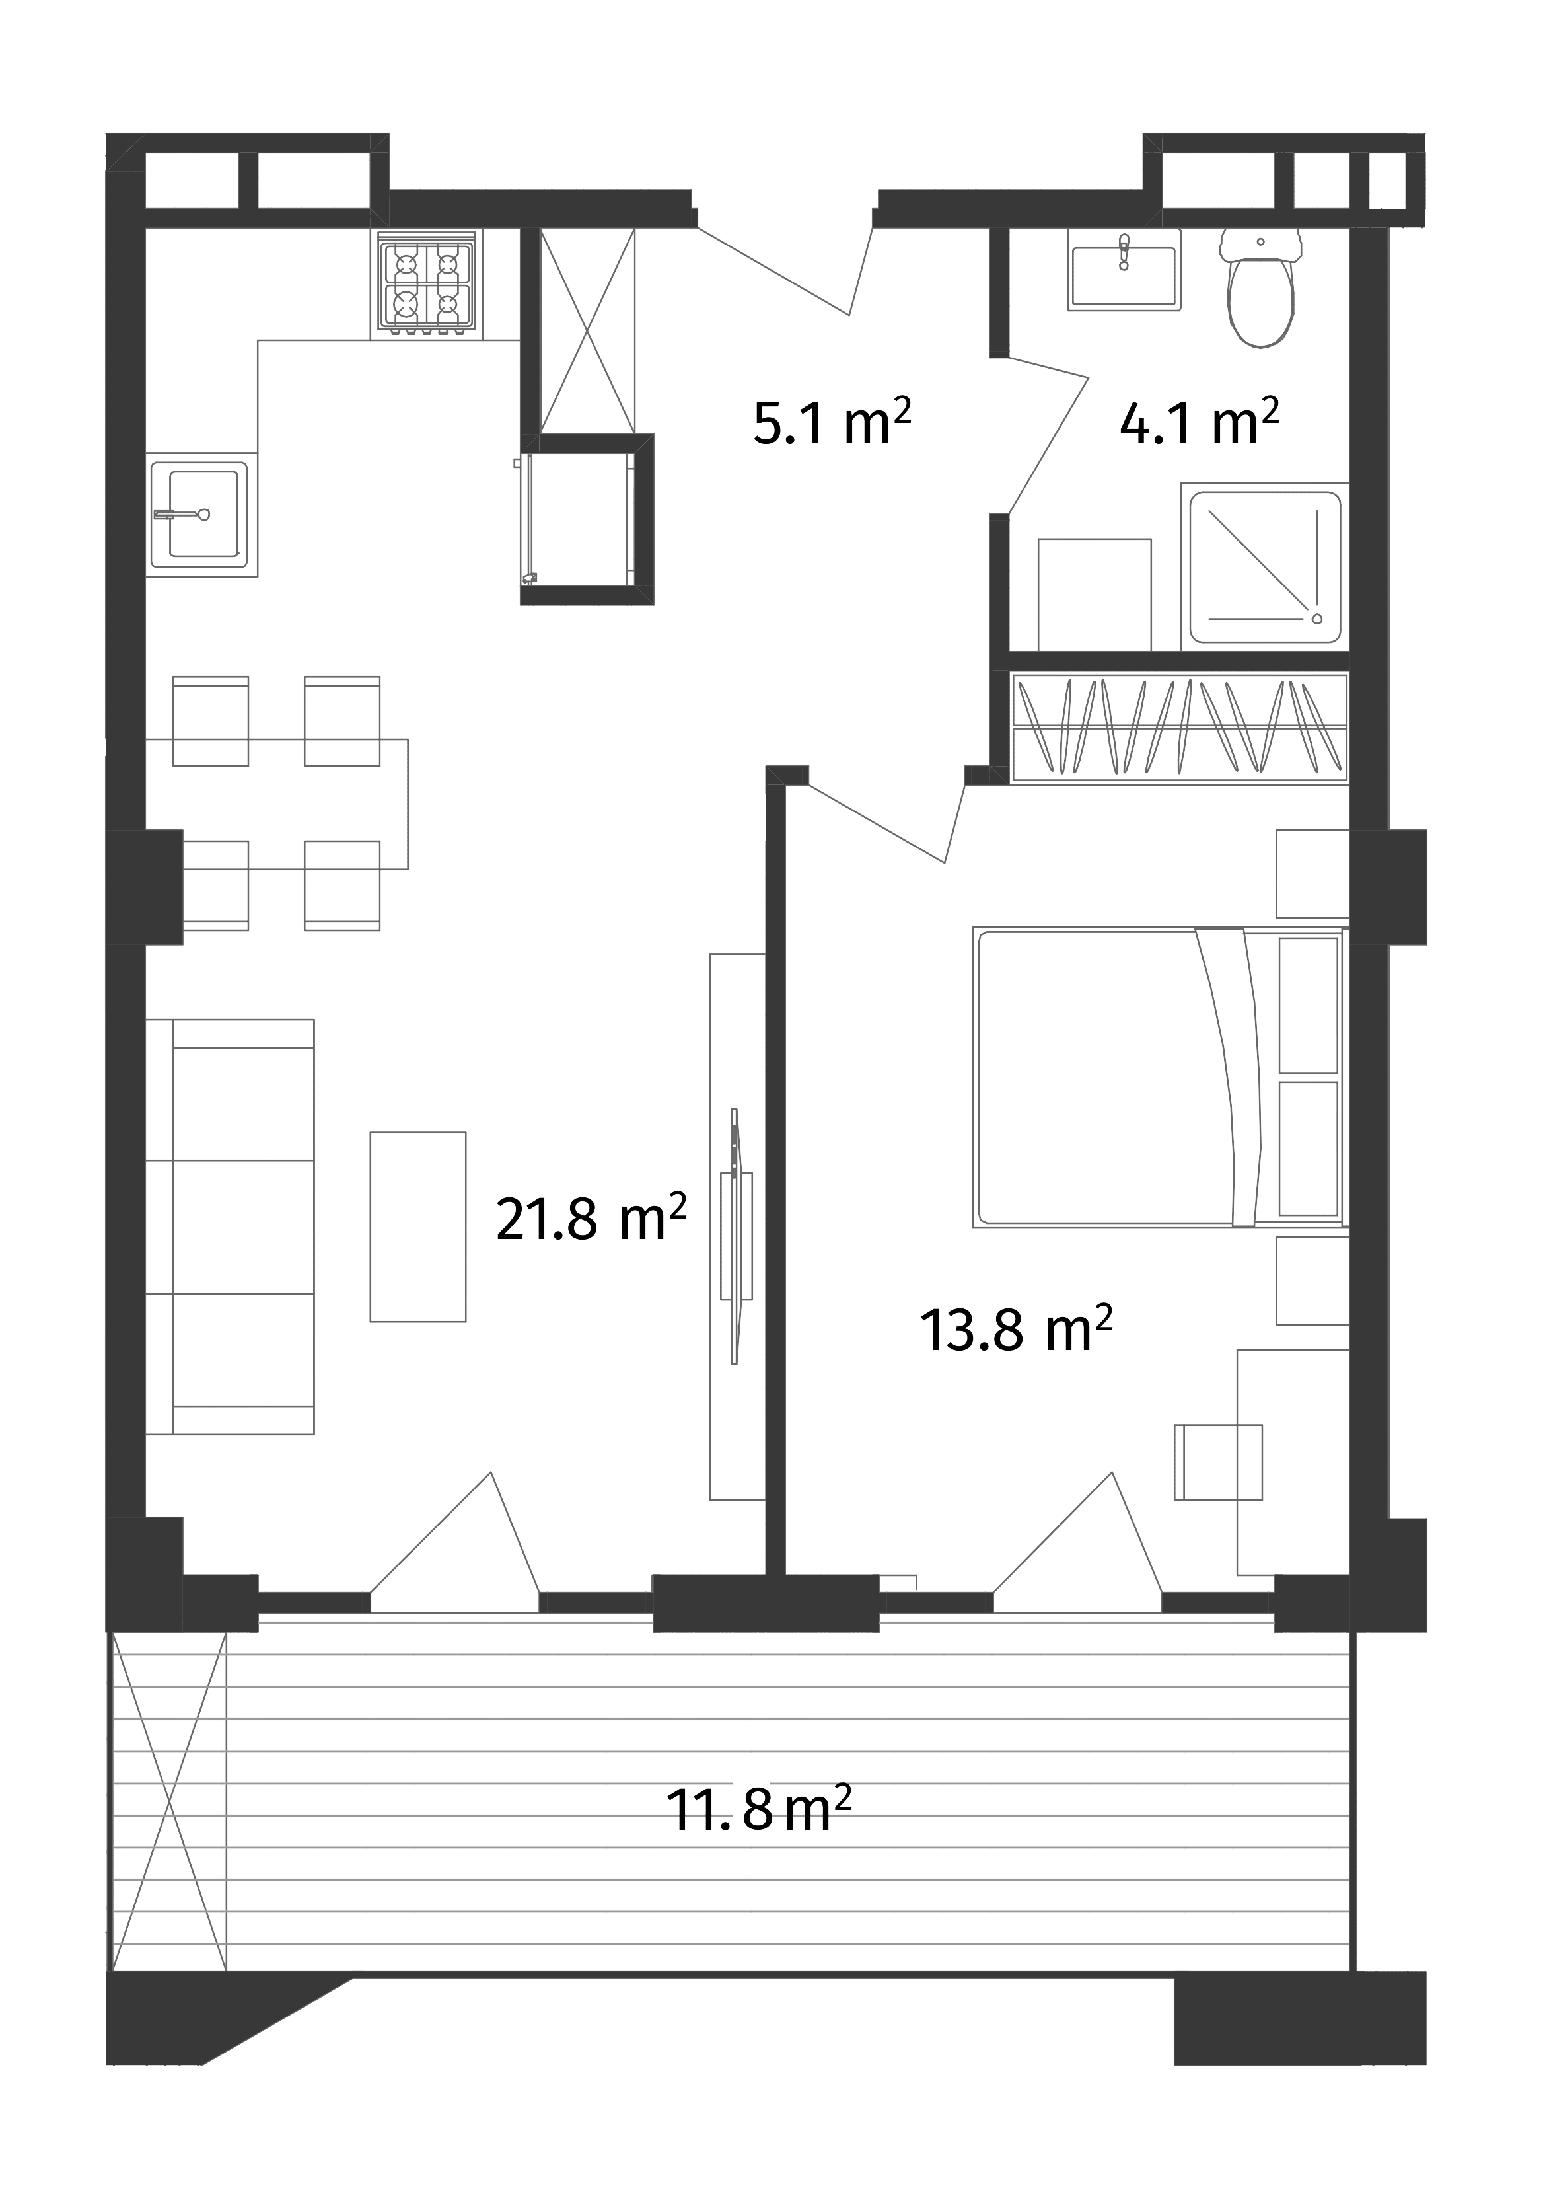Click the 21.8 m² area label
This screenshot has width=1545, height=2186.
591,1220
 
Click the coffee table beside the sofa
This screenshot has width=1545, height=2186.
418,1226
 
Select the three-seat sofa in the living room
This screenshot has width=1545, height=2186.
231,1227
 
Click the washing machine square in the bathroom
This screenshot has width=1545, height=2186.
1095,594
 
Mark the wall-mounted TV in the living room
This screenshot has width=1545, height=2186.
736,1237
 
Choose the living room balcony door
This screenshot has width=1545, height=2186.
455,1548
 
